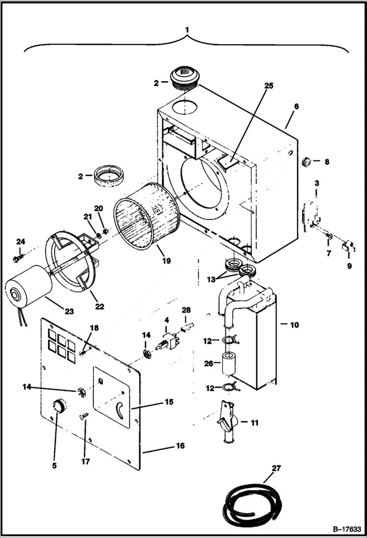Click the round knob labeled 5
click(59, 406)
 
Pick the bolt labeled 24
click(18, 256)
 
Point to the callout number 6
click(296, 106)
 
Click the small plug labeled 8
click(306, 161)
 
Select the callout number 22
click(100, 307)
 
